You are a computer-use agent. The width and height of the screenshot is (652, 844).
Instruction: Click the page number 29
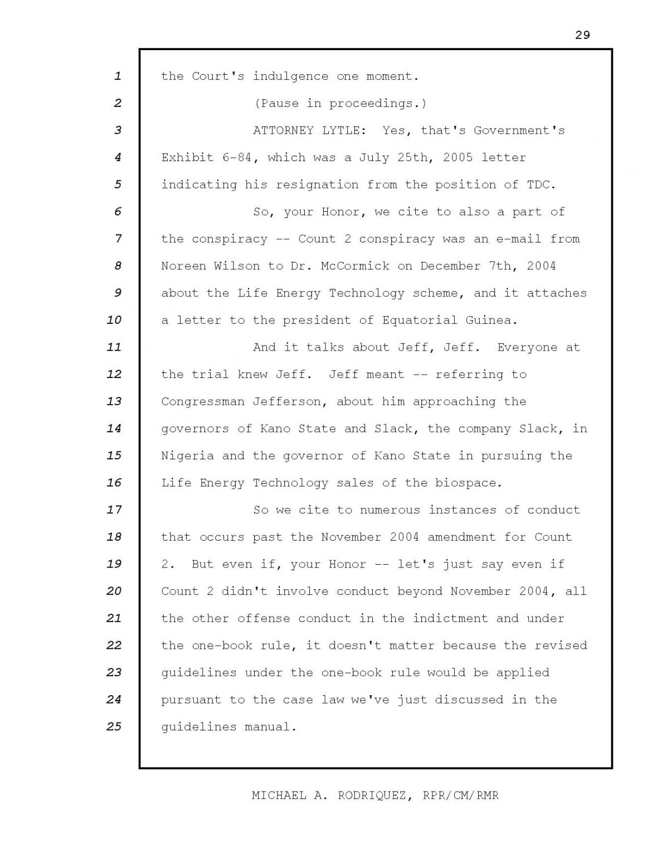coord(582,35)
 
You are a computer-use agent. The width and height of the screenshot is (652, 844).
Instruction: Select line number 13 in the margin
coord(114,401)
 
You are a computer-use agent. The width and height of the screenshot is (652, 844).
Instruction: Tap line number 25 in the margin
coord(114,727)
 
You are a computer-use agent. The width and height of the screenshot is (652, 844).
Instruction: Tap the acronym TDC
coord(541,185)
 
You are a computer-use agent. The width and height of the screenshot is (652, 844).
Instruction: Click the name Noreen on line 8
coord(184,266)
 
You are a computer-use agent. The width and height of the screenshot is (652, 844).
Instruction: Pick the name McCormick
coord(355,266)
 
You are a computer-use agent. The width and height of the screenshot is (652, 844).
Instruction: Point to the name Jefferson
coord(287,401)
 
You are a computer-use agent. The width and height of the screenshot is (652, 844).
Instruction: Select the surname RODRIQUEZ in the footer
coord(370,796)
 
